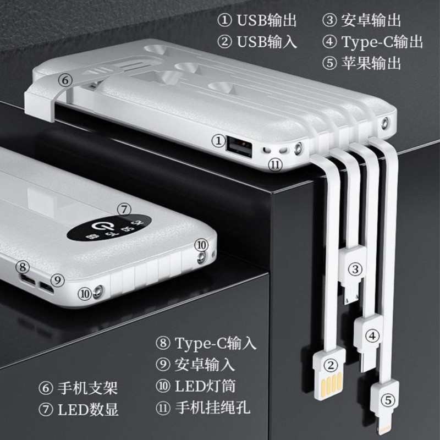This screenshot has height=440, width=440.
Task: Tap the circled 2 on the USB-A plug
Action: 331,364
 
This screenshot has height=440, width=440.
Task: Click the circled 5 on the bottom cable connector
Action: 388,400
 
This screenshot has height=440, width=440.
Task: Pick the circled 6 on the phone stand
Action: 65,80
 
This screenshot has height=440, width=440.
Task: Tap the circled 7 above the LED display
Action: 125,210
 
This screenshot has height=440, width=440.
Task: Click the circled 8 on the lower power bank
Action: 23,267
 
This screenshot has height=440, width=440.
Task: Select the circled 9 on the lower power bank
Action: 59,279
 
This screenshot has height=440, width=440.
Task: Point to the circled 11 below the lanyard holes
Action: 275,163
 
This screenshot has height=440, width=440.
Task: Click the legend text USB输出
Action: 267,21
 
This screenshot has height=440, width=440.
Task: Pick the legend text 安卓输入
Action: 205,364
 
